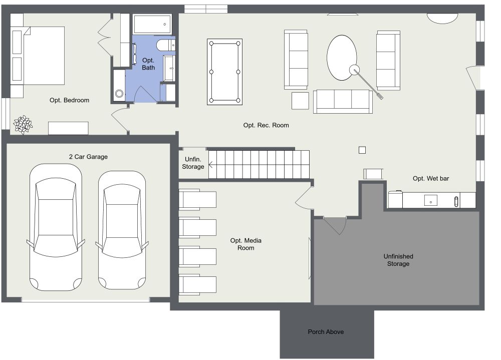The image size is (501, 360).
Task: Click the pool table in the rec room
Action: coord(224,72)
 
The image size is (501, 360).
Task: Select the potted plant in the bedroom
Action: coord(23,124)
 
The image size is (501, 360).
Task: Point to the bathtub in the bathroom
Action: coord(152,24)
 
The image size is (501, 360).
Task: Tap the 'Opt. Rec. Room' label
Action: coord(266,125)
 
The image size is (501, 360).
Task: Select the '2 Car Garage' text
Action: coord(88,157)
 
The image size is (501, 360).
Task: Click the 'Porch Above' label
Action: coord(326,332)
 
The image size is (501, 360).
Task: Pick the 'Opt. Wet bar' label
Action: coord(430,178)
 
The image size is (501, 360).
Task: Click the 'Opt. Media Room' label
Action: coord(245,244)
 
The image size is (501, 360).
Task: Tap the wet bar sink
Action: coord(430,201)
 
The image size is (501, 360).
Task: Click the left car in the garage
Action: coord(56,228)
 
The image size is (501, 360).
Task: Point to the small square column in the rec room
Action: coord(362,150)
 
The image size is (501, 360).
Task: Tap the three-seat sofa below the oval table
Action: coord(343,101)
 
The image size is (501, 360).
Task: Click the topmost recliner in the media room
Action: coord(197,198)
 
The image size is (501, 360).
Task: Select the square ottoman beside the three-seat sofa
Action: coord(300,101)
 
